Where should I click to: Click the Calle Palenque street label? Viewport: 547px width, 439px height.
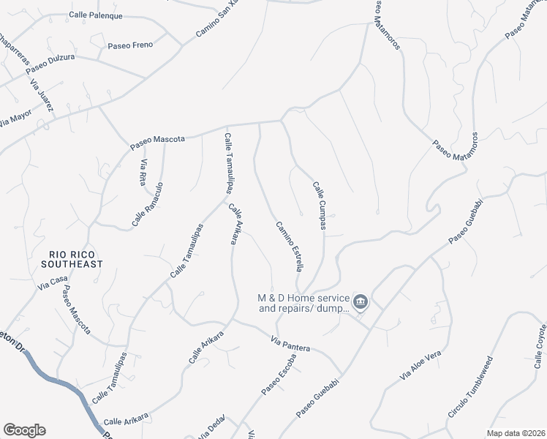[x=96, y=15]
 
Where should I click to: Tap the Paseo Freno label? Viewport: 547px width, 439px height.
[x=130, y=45]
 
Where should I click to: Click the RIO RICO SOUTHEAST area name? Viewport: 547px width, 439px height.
[x=71, y=258]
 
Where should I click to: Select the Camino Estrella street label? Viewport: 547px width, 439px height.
[x=289, y=247]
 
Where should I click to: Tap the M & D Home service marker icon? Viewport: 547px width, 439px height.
[x=360, y=301]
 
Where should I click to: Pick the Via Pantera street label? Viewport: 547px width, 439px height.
[x=290, y=344]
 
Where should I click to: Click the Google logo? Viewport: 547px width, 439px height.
[x=23, y=430]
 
